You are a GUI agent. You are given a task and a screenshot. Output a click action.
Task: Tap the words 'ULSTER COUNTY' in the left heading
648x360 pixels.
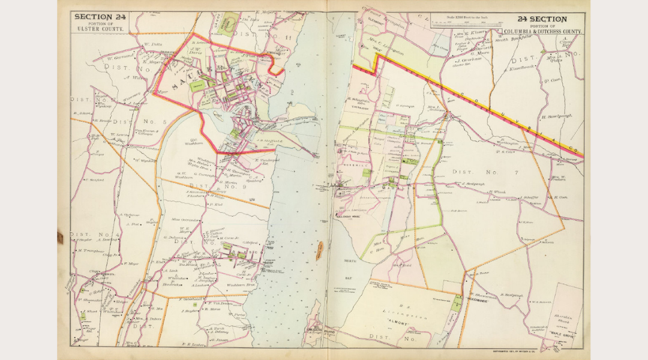99,29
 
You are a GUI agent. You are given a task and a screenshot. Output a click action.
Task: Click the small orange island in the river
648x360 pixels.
319,247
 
